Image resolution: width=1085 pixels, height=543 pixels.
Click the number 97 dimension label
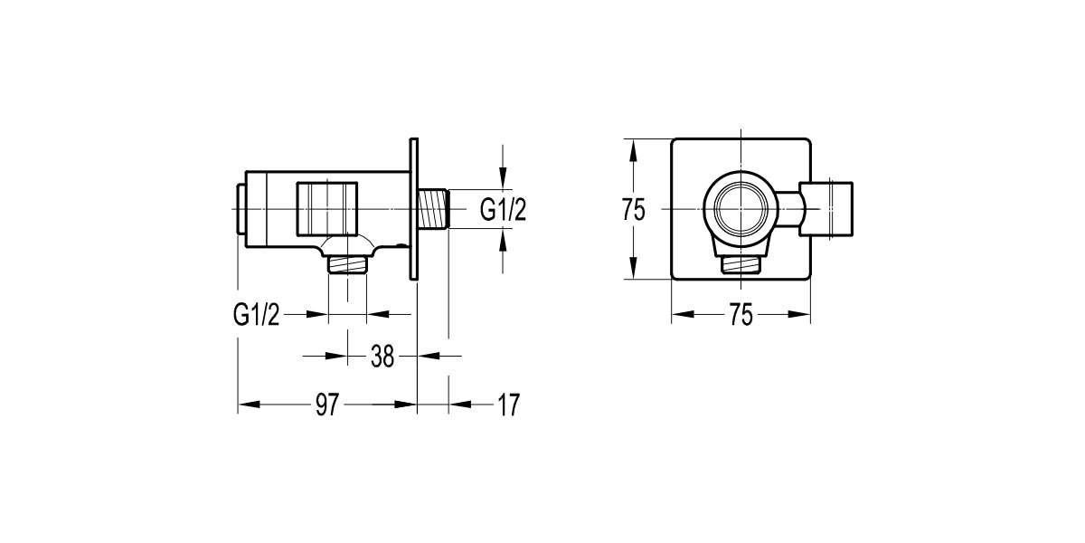pyautogui.click(x=327, y=405)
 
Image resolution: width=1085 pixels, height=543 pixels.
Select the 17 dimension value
pyautogui.click(x=508, y=405)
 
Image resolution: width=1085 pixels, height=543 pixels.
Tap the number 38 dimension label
pyautogui.click(x=382, y=356)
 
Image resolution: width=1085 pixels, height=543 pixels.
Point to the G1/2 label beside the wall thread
pyautogui.click(x=503, y=210)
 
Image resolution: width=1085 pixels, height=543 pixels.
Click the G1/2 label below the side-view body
pyautogui.click(x=258, y=314)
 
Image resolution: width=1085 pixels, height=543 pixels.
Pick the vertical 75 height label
pyautogui.click(x=634, y=210)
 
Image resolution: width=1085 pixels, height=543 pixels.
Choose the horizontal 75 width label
pyautogui.click(x=741, y=315)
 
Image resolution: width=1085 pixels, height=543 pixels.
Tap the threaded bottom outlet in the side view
pyautogui.click(x=347, y=263)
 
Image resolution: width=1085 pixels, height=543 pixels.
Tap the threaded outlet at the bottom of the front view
pyautogui.click(x=741, y=263)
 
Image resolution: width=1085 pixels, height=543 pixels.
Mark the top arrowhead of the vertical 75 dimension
pyautogui.click(x=634, y=146)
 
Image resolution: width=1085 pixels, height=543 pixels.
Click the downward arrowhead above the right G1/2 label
pyautogui.click(x=504, y=184)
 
